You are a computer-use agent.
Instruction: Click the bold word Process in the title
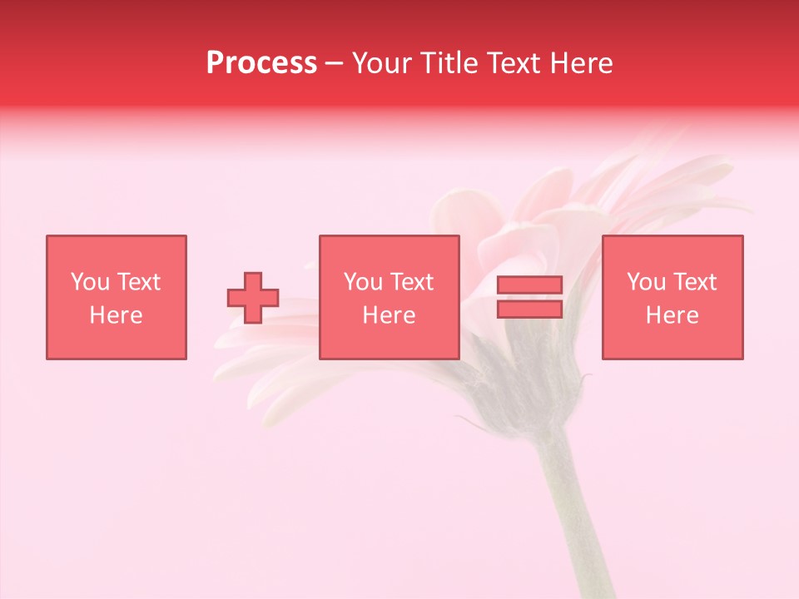[261, 63]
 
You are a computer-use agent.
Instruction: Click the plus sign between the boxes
[253, 298]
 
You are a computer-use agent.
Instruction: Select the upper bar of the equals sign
[530, 285]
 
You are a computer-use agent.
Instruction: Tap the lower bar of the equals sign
[530, 309]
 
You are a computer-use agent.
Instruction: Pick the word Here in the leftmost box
[116, 315]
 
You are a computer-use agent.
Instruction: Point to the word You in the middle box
[364, 282]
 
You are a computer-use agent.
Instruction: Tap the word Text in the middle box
[411, 282]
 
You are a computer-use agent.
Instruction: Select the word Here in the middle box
[389, 315]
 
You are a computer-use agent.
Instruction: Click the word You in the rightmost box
[647, 282]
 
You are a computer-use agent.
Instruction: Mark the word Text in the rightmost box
[694, 282]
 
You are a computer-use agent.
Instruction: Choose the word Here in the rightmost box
[672, 315]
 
